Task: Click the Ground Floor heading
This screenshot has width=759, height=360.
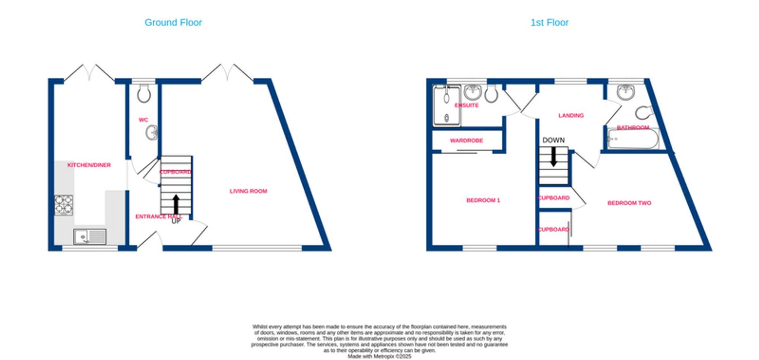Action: (x=173, y=23)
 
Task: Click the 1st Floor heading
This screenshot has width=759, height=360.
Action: (x=549, y=23)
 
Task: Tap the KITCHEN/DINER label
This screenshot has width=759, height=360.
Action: (x=89, y=165)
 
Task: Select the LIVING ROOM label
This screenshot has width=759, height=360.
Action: (x=248, y=191)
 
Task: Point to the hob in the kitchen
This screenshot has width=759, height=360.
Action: (x=64, y=205)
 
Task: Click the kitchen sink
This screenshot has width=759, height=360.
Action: (x=90, y=237)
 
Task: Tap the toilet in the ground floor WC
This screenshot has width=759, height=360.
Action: (x=144, y=93)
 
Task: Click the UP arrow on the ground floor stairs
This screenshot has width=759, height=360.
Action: (x=176, y=205)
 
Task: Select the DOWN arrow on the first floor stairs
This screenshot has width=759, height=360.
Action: (x=554, y=156)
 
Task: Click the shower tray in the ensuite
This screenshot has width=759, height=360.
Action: (x=447, y=106)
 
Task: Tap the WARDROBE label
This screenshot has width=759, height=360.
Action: (x=466, y=141)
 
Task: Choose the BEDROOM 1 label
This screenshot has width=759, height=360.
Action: (x=483, y=200)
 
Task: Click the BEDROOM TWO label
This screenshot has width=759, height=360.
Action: (x=629, y=203)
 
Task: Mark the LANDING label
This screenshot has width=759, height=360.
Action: (x=571, y=116)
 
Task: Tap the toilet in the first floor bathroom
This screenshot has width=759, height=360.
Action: (x=644, y=112)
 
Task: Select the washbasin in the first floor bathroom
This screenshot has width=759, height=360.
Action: (x=625, y=92)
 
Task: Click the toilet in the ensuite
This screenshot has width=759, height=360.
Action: (x=491, y=94)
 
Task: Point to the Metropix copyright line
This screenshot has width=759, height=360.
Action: (x=379, y=357)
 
